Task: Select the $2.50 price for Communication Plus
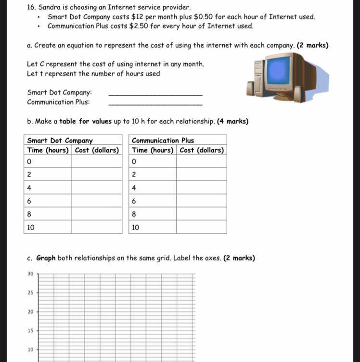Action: click(138, 26)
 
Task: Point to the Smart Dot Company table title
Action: click(60, 141)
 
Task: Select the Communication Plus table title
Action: click(163, 141)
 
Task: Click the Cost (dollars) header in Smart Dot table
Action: click(97, 150)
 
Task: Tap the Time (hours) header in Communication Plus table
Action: click(153, 150)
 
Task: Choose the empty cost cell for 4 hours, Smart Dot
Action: click(97, 188)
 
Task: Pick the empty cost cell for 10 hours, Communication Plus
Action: click(201, 227)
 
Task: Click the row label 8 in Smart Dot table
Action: click(30, 214)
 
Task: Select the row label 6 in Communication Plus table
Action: click(134, 201)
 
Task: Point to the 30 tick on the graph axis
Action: click(30, 274)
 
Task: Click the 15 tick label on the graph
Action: click(30, 331)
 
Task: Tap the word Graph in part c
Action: click(46, 258)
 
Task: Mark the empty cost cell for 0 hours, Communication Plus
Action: click(201, 162)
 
